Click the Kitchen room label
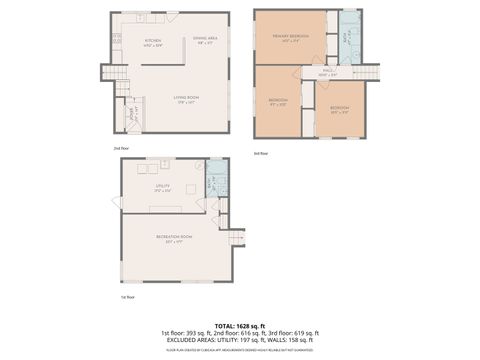pyautogui.click(x=153, y=41)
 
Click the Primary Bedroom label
pyautogui.click(x=289, y=37)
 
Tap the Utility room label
pyautogui.click(x=162, y=185)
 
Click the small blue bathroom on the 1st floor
pyautogui.click(x=212, y=183)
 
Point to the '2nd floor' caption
pyautogui.click(x=121, y=147)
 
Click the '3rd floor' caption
pyautogui.click(x=261, y=152)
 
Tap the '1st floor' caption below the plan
pyautogui.click(x=127, y=296)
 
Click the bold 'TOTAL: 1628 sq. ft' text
pyautogui.click(x=239, y=324)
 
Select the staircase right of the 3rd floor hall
pyautogui.click(x=371, y=71)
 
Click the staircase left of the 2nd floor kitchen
pyautogui.click(x=122, y=91)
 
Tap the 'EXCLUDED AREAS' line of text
pyautogui.click(x=239, y=340)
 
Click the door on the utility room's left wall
pyautogui.click(x=120, y=203)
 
